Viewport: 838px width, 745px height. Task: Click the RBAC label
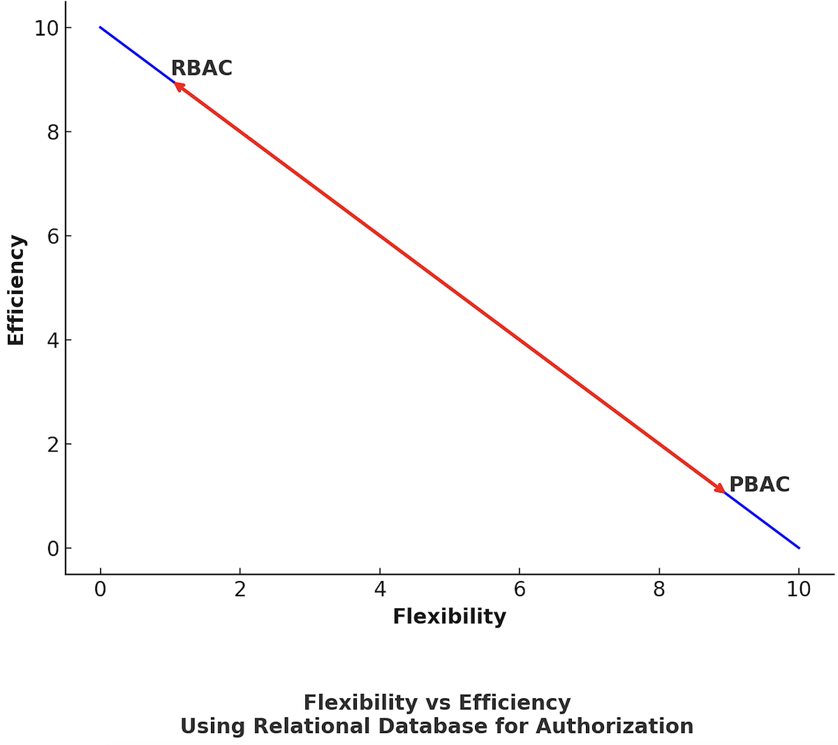201,68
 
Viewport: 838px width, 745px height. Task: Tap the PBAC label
759,485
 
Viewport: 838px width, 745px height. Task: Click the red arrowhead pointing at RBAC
179,87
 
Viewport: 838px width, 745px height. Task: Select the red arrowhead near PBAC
719,489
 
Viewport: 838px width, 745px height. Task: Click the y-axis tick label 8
53,132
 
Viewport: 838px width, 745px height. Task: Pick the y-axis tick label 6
53,236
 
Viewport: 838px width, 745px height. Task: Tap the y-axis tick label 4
53,340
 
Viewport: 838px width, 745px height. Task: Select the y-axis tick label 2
53,444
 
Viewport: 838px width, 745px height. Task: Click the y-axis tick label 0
53,549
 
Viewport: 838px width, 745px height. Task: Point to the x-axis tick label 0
100,590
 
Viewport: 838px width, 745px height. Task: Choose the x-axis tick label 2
240,590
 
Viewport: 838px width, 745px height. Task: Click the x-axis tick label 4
379,590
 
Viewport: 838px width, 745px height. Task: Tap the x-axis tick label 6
519,590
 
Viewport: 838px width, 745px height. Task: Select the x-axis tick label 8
659,590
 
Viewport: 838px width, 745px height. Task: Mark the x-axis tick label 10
798,590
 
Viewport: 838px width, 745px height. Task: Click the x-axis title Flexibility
449,617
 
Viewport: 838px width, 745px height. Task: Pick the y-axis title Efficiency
16,290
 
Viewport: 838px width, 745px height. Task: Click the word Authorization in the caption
615,727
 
